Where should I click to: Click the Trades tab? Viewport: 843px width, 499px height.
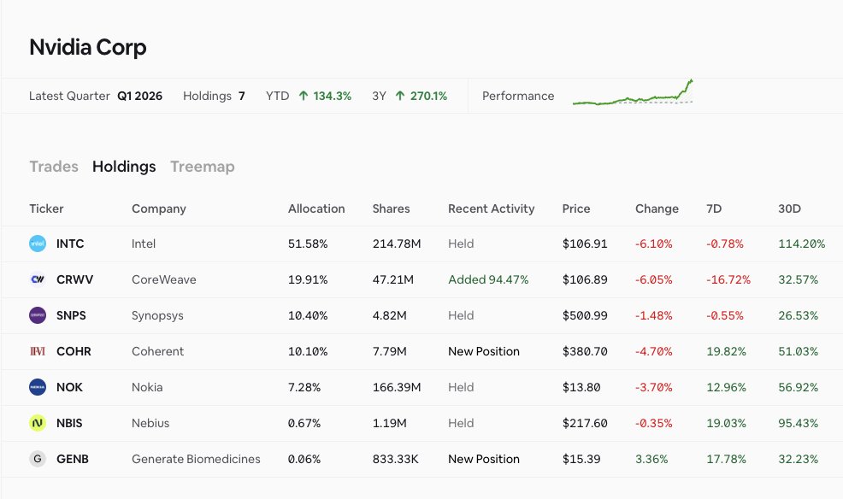(x=54, y=167)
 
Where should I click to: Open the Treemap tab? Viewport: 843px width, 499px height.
(x=202, y=167)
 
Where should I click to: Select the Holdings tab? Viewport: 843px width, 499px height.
(x=124, y=167)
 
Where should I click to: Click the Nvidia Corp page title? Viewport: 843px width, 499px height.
(x=87, y=47)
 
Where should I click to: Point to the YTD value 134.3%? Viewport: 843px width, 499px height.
(x=333, y=97)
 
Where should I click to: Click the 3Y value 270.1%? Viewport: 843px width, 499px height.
(x=428, y=97)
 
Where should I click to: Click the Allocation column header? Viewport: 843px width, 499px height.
(x=316, y=208)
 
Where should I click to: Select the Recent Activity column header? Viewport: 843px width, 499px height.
(x=492, y=209)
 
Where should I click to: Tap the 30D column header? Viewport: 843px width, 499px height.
(x=789, y=208)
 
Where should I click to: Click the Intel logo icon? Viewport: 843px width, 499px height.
(x=38, y=244)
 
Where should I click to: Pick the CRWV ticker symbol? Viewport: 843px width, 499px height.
(x=74, y=279)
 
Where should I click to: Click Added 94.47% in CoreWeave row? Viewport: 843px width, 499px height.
(x=488, y=279)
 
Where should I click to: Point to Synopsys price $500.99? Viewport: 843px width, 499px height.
(x=585, y=315)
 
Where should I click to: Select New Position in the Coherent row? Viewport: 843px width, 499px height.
(x=484, y=351)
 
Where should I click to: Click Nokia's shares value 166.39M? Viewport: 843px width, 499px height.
(x=397, y=387)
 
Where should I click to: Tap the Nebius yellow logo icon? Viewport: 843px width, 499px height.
(x=38, y=423)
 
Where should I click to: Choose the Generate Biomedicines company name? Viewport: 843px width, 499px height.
(x=196, y=459)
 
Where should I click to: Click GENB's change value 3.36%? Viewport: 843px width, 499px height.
(x=651, y=459)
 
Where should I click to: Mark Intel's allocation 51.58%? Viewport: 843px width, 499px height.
(x=308, y=244)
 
